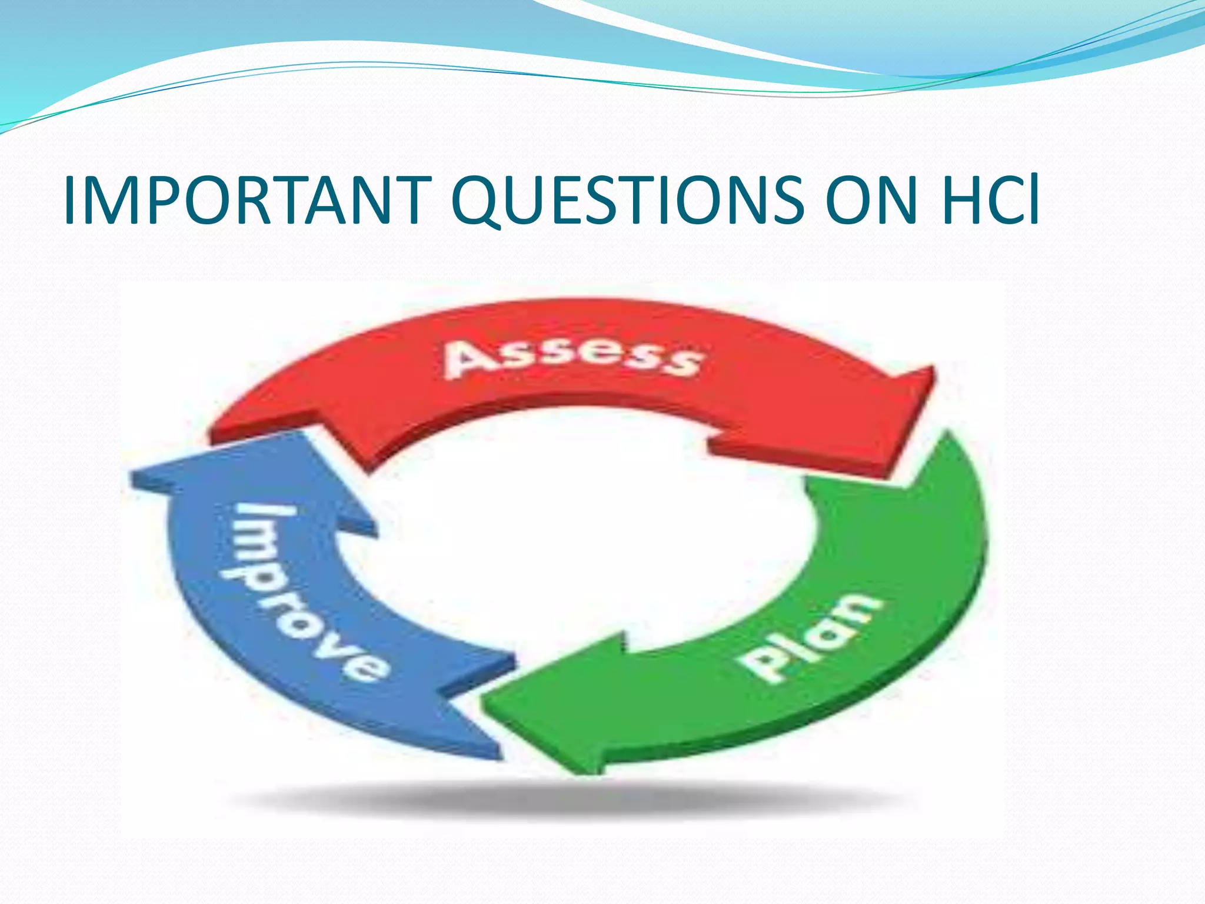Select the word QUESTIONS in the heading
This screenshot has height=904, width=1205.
tap(628, 201)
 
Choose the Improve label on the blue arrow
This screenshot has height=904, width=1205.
tap(306, 589)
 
